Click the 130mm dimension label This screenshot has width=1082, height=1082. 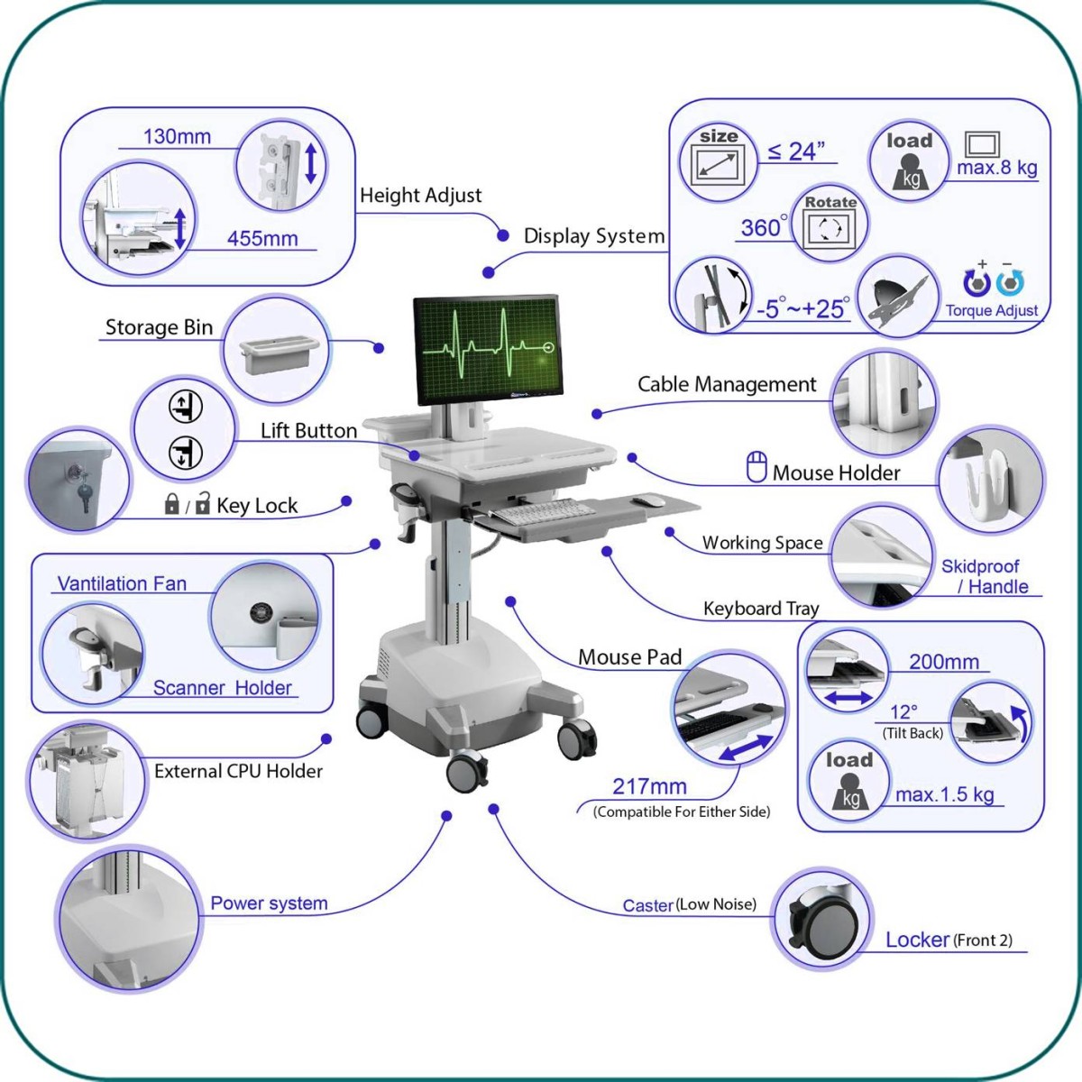177,137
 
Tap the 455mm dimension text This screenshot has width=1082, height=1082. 262,239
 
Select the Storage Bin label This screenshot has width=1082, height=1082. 159,327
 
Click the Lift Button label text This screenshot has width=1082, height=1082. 308,431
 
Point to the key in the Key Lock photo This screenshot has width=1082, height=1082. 85,492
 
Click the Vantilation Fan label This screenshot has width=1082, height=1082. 122,584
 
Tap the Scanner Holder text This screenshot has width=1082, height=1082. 223,688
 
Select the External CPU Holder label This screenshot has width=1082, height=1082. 238,771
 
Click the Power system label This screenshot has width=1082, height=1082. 269,903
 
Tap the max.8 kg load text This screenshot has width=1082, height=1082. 997,168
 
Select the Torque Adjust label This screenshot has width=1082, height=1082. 992,311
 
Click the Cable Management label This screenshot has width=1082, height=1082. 727,385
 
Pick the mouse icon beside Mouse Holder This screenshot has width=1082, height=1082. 756,467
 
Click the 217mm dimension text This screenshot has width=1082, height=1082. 649,787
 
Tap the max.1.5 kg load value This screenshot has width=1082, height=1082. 945,794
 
